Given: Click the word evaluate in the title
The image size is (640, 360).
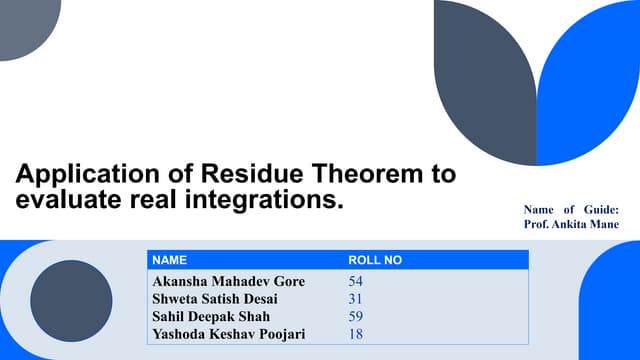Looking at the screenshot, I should [x=63, y=200].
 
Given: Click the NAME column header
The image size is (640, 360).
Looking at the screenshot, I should [x=169, y=260].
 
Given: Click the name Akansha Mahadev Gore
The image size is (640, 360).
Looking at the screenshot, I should [x=227, y=281].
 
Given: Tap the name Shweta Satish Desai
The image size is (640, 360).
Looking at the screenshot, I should [x=214, y=299].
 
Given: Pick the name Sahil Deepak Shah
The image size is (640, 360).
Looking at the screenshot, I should [x=210, y=316].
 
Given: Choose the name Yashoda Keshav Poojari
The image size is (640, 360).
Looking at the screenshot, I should [x=229, y=334].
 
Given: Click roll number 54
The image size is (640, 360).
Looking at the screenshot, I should [x=355, y=281].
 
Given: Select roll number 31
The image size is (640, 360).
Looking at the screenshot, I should [x=355, y=299].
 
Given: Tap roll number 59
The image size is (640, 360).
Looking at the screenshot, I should [x=355, y=316].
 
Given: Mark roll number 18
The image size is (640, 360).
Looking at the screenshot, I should [x=355, y=334].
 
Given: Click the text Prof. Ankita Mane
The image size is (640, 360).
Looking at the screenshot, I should [x=571, y=225].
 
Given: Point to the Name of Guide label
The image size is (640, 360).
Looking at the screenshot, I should [x=571, y=209].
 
